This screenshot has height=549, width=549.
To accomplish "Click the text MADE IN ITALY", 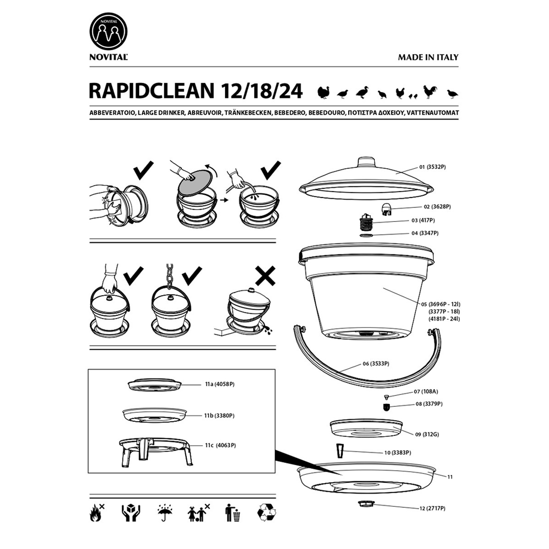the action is pyautogui.click(x=428, y=57).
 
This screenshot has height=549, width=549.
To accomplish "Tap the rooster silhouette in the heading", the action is pyautogui.click(x=431, y=92).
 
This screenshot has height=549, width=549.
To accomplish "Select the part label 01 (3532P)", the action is pyautogui.click(x=432, y=167).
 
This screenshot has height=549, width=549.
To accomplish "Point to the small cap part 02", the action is pyautogui.click(x=387, y=210).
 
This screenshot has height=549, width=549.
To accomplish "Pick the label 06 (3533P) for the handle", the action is pyautogui.click(x=376, y=364).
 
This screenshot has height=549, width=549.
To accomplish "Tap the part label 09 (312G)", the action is pyautogui.click(x=427, y=435).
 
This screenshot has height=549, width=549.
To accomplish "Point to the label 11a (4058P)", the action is pyautogui.click(x=220, y=384).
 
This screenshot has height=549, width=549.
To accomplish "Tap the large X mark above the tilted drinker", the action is pyautogui.click(x=265, y=276).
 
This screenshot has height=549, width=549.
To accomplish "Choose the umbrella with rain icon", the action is pyautogui.click(x=165, y=512).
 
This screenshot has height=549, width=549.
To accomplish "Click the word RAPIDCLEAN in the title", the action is pyautogui.click(x=151, y=91).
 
